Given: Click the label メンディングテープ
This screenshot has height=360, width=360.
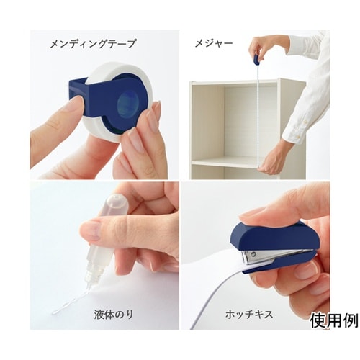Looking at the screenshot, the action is [93, 44].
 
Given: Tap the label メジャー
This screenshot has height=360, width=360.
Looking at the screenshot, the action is [213, 43].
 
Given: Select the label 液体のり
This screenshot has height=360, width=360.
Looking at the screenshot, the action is [113, 315].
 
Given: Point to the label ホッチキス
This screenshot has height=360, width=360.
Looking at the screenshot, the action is [249, 315].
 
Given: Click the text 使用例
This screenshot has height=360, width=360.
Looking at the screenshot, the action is [334, 321].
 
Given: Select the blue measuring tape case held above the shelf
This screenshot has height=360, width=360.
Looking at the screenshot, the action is [257, 60].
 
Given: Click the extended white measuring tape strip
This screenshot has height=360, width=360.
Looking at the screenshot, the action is [258, 115].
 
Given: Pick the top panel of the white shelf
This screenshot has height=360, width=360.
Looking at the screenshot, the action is [236, 82].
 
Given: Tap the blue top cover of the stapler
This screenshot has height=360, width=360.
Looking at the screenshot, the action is [271, 235].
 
